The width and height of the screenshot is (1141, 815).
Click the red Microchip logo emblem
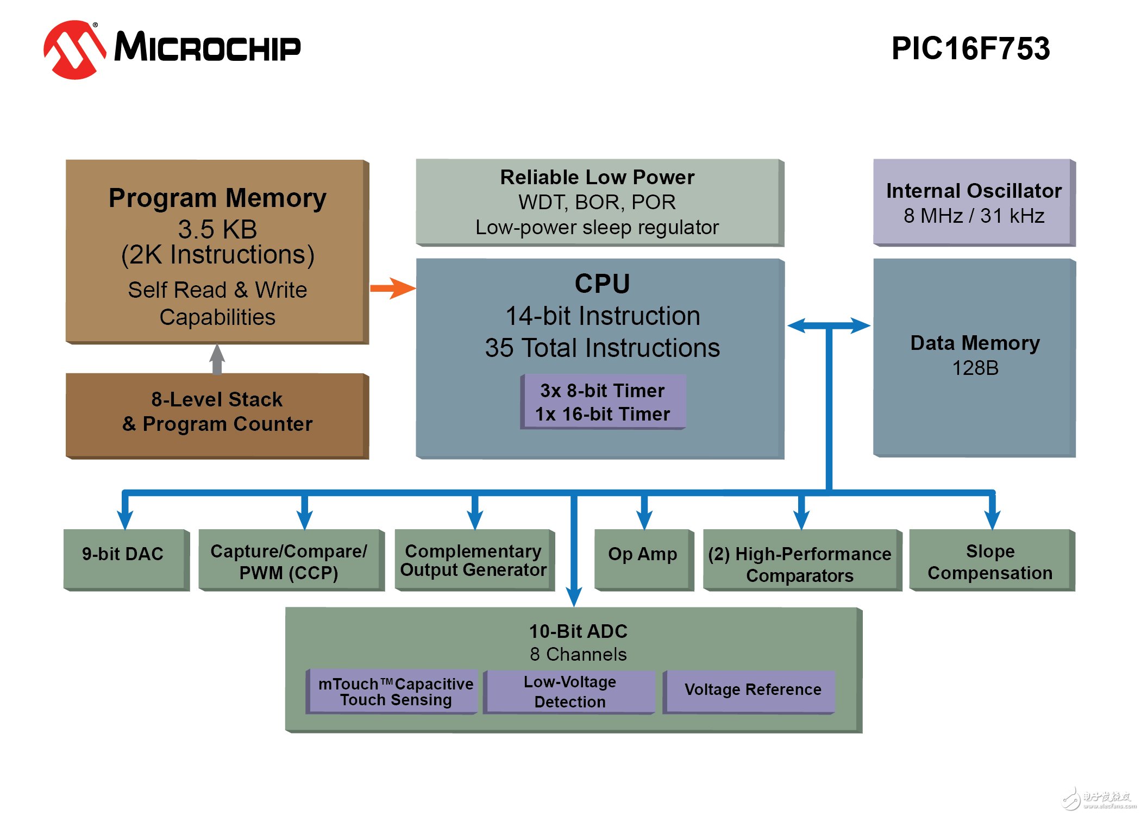point(74,49)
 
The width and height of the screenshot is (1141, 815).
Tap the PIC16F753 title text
point(970,48)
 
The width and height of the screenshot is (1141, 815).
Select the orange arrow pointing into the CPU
point(392,288)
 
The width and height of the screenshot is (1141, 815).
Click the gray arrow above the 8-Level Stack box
point(217,359)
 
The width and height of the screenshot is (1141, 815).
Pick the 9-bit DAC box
point(124,559)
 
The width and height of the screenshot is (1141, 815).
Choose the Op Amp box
point(643,559)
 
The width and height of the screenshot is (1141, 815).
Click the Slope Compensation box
point(990,561)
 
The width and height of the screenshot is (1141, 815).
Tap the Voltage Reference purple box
point(753,690)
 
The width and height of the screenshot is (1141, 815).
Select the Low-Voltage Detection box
point(569,691)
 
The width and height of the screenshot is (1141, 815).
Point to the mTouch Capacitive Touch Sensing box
point(395,691)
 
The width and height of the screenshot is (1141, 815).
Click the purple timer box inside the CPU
point(603,402)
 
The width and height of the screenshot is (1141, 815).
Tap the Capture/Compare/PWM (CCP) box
point(289,561)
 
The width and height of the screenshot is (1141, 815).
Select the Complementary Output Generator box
point(473,560)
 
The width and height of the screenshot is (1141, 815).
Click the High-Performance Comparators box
point(800,564)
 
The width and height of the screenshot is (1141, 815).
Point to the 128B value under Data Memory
point(975,368)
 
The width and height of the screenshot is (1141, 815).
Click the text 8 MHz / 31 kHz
point(974,216)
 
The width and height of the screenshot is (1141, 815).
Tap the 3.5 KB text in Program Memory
point(217,229)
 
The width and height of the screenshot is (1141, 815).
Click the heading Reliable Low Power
point(597,177)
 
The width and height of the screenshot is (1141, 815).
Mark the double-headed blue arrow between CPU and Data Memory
point(829,326)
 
